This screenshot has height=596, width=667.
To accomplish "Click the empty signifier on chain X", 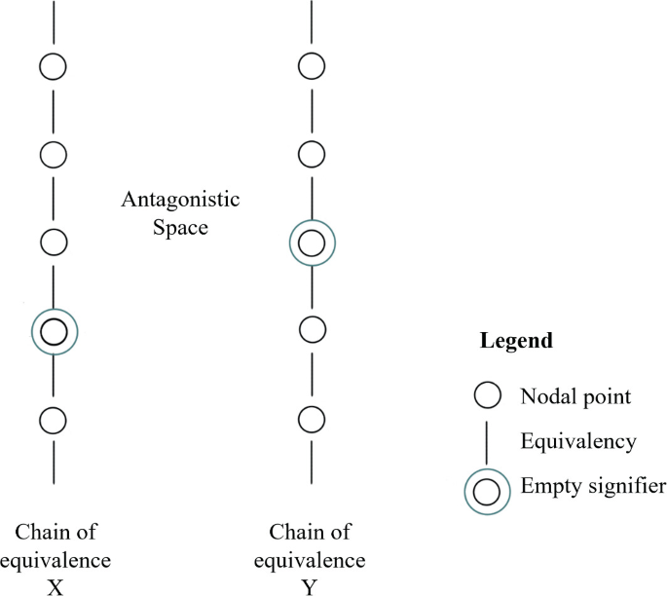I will [x=55, y=332].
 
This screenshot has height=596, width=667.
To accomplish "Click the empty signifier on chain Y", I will [x=312, y=242].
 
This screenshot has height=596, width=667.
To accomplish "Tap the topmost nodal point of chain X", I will [x=55, y=66].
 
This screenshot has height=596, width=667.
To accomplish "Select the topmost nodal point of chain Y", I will [x=312, y=66].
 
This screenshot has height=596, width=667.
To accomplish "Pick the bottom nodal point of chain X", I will [x=55, y=420].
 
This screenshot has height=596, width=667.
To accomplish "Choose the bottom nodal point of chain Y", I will [x=312, y=420].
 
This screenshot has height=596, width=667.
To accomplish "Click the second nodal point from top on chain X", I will [x=55, y=154].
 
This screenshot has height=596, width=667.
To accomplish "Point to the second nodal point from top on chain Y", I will [x=312, y=154].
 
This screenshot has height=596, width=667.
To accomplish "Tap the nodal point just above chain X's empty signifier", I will [x=55, y=242].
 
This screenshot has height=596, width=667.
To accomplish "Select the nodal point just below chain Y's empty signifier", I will [x=312, y=330].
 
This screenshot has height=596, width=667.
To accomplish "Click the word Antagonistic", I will [x=180, y=201].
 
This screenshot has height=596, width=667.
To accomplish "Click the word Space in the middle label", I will [x=180, y=229].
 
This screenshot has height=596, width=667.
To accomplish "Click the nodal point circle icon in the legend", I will [x=487, y=396].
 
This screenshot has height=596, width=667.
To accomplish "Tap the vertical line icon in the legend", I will [x=487, y=442].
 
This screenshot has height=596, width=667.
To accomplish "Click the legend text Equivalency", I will [x=578, y=442].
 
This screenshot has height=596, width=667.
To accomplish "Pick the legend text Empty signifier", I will [x=593, y=486].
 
